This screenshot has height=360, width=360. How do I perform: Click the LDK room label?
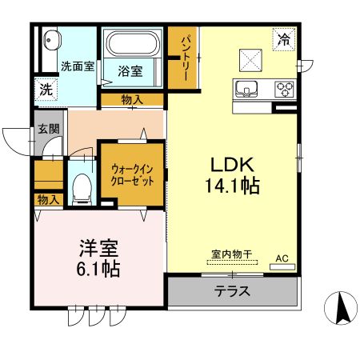pos(233,165)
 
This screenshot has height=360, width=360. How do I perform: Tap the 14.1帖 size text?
pos(233,186)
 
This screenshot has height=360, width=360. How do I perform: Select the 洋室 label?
pos(99,247)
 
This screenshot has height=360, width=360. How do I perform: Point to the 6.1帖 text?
pos(99,269)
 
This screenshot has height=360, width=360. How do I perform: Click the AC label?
pos(282,258)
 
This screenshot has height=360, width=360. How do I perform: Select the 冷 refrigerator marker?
pos(283,38)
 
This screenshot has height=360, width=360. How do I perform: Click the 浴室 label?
pos(130,70)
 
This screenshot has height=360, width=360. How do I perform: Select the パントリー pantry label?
pos(183,57)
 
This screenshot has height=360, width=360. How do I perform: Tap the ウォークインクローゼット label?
pos(133,174)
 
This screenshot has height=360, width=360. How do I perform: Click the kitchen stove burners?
pos(284,88)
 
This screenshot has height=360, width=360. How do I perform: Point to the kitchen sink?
pos(246,87)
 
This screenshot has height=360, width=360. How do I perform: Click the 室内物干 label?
pos(232,254)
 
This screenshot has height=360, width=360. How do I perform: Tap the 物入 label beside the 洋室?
pos(48,198)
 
